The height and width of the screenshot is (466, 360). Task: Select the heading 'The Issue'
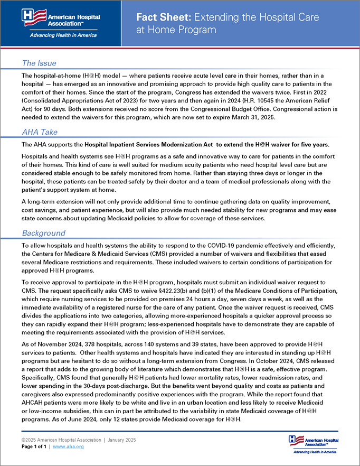[40, 63]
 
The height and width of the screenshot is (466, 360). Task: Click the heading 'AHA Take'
[40, 132]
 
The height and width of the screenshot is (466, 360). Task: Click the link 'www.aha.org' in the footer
[69, 446]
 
